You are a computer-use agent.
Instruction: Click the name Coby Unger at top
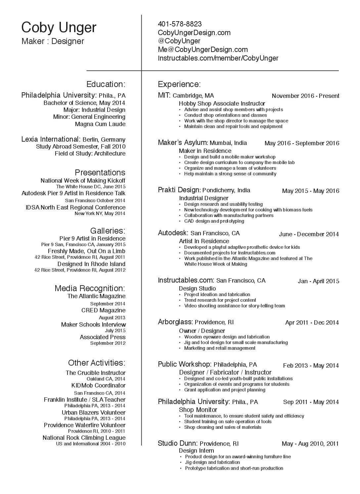[x=59, y=28]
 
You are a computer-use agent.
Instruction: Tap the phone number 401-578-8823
[x=180, y=24]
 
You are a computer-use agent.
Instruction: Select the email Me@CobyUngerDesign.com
[x=203, y=50]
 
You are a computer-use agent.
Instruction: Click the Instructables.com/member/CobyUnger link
[x=218, y=58]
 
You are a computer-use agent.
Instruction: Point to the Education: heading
[x=106, y=84]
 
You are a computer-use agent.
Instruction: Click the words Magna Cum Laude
[x=100, y=124]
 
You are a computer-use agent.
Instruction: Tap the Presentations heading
[x=100, y=172]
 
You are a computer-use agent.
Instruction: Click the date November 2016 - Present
[x=305, y=96]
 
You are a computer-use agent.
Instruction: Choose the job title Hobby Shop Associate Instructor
[x=222, y=104]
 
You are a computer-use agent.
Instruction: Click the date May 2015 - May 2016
[x=310, y=191]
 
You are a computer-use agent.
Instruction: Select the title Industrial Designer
[x=203, y=198]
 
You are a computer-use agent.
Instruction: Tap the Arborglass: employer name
[x=175, y=322]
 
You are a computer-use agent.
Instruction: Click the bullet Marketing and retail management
[x=220, y=348]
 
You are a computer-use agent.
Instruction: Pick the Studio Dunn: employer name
[x=178, y=443]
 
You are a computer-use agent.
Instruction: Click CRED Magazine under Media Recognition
[x=103, y=310]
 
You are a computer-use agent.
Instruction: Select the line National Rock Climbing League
[x=84, y=438]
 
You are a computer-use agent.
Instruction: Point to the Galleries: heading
[x=108, y=231]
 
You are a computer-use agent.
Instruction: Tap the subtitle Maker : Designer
[x=53, y=41]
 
